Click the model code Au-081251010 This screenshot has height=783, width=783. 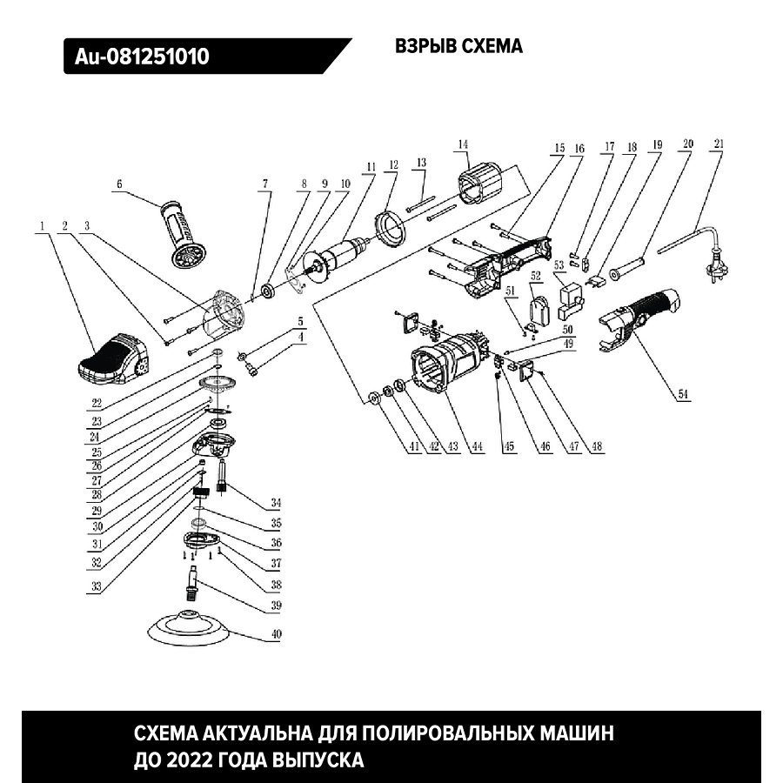[142, 57]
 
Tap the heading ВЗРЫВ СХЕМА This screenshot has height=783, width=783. [458, 47]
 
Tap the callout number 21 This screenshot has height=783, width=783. [718, 144]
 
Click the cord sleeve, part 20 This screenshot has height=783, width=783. [628, 264]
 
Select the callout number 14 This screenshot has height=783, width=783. [463, 144]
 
